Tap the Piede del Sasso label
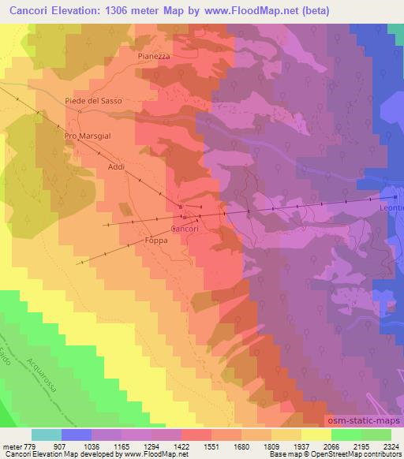(92, 100)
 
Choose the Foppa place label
(156, 243)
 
